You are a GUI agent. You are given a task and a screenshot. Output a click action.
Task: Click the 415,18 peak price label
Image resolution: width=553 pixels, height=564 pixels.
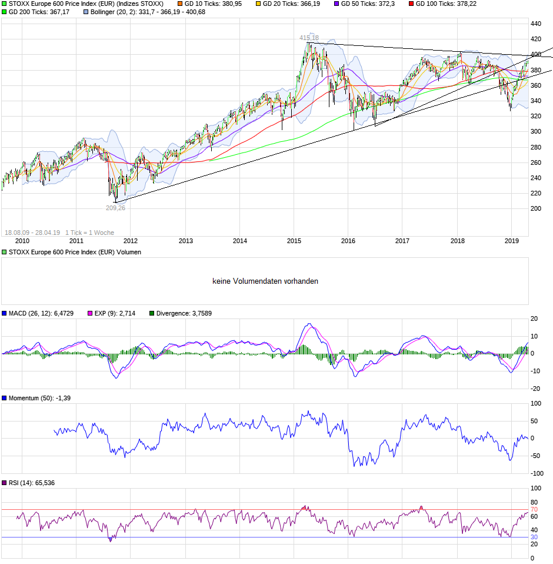click(x=309, y=38)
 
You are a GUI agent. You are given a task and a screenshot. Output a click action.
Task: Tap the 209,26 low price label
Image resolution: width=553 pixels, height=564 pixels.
click(x=115, y=208)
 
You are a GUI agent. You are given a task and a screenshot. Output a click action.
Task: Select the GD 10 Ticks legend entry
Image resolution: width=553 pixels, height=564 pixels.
click(x=211, y=4)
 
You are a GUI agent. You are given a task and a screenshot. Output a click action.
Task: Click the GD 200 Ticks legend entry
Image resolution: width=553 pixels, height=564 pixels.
click(x=39, y=12)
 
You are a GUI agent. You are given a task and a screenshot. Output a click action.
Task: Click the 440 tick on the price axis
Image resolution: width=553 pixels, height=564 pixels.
click(x=536, y=24)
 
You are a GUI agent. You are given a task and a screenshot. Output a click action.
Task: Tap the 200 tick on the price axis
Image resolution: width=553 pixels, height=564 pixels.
click(x=536, y=208)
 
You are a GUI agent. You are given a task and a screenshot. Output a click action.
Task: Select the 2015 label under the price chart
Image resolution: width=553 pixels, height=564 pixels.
click(x=294, y=241)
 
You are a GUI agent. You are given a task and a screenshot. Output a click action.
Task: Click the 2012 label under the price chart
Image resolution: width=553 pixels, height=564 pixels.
click(x=131, y=241)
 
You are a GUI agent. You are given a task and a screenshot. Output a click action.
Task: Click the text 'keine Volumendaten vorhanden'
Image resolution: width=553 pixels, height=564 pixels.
click(x=265, y=281)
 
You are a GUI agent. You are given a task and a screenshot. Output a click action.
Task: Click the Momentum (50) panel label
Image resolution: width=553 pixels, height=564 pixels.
click(x=35, y=399)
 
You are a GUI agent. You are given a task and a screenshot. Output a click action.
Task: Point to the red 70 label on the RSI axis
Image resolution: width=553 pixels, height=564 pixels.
click(x=534, y=509)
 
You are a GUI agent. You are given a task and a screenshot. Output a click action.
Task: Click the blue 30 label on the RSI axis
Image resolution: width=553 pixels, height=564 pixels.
click(x=534, y=537)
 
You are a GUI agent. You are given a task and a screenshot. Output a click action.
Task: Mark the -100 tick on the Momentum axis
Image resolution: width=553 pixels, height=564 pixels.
click(x=537, y=473)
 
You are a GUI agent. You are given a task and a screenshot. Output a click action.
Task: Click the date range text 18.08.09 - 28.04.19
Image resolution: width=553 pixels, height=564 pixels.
click(x=33, y=233)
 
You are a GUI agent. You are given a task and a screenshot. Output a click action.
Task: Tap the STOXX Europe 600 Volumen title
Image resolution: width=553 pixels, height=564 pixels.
click(x=74, y=252)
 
